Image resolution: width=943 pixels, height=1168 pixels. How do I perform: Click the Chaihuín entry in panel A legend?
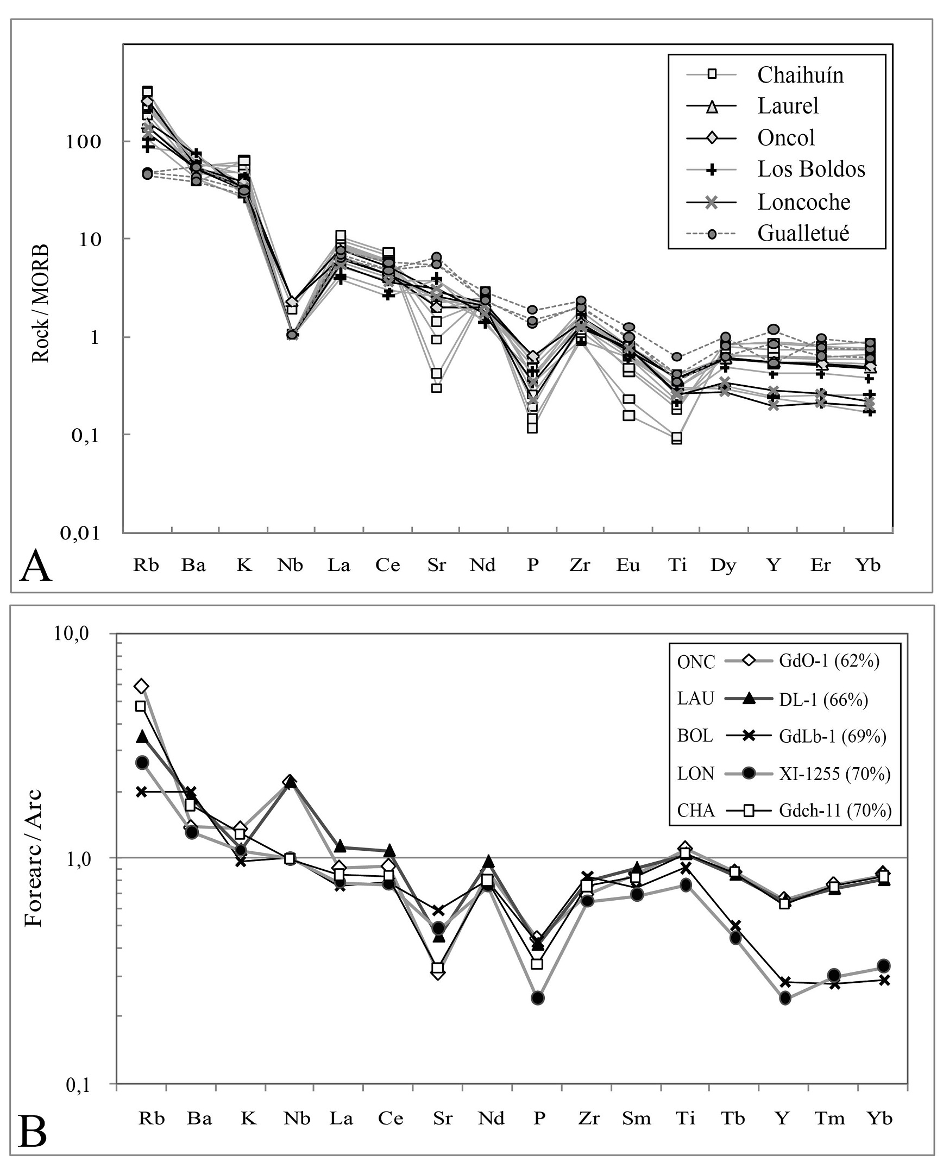(800, 74)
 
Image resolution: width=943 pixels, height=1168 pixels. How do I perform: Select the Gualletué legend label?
(803, 233)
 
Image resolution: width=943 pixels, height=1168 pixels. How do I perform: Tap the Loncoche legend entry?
(803, 202)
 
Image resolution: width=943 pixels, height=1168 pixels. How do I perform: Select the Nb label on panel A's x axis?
(290, 566)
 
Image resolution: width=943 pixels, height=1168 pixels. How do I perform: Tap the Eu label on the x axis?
(628, 566)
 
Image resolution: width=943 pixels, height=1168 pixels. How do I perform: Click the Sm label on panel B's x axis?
(636, 1119)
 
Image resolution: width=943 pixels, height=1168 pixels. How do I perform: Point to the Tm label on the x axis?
(829, 1119)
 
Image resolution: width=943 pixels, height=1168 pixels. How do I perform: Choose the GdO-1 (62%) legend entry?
(829, 661)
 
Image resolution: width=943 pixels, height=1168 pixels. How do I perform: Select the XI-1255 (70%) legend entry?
(834, 774)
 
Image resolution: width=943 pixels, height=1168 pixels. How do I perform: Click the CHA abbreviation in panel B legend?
(696, 811)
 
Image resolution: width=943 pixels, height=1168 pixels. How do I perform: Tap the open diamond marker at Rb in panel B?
(142, 687)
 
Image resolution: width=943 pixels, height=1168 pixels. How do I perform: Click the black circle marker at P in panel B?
(538, 998)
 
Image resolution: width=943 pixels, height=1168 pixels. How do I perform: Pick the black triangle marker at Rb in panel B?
(142, 737)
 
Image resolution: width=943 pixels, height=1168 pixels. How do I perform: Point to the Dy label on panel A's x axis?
(723, 566)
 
